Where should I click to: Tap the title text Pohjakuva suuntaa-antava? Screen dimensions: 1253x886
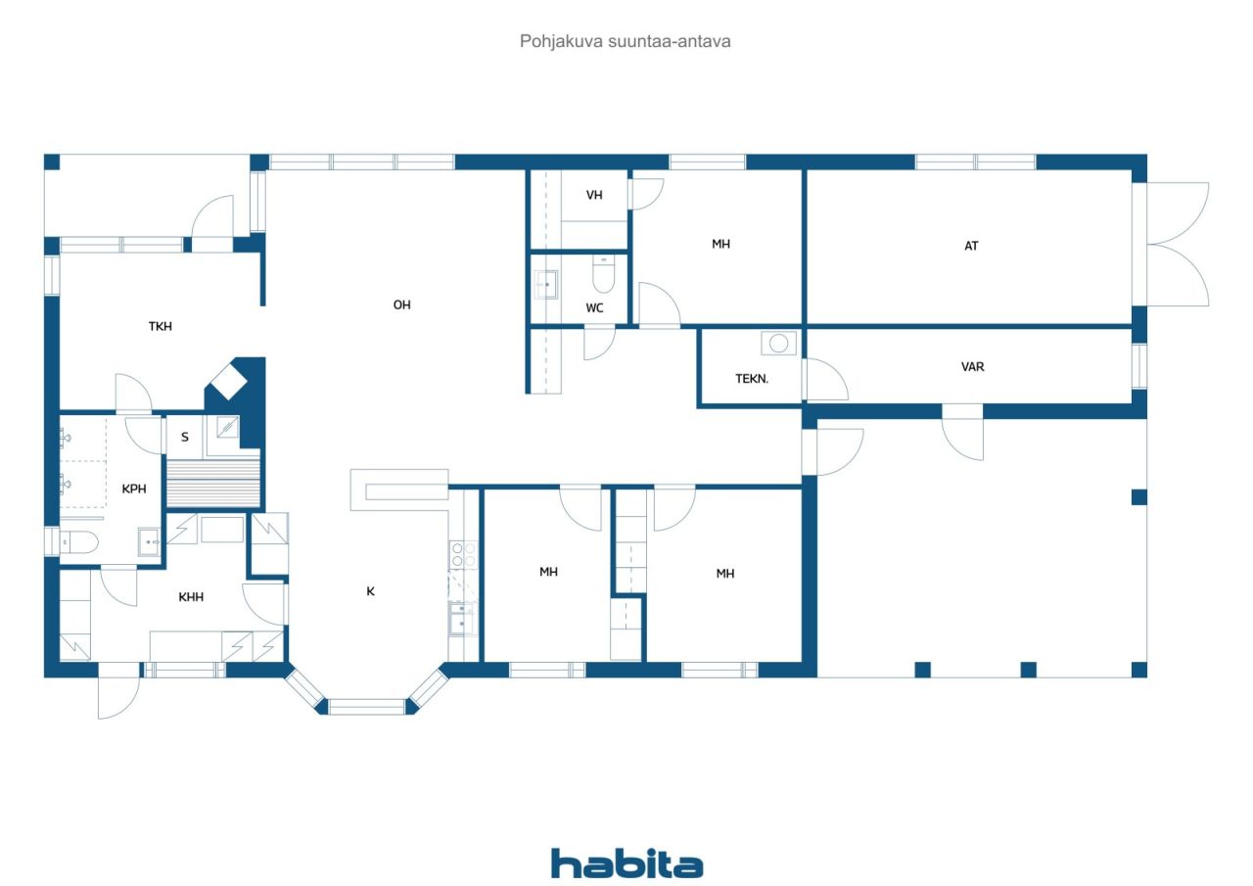[x=625, y=41]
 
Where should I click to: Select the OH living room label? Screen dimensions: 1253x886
[x=401, y=304]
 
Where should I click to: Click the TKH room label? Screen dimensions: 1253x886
[x=160, y=326]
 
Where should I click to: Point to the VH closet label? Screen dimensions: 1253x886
[x=594, y=195]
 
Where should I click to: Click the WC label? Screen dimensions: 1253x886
[x=594, y=307]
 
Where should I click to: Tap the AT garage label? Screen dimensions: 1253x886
[x=971, y=246]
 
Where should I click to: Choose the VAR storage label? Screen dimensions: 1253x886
[x=973, y=367]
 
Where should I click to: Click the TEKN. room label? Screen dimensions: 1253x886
[x=752, y=379]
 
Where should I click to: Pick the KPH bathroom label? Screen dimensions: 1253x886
[x=134, y=489]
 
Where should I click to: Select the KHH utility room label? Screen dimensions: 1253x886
[x=191, y=597]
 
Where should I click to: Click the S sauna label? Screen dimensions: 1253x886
[x=185, y=438]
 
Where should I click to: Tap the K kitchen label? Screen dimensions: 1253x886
[x=370, y=591]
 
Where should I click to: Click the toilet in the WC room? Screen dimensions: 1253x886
[x=603, y=274]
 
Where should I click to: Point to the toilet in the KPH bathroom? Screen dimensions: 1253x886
[x=79, y=541]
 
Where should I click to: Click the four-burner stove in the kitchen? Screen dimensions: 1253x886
[x=463, y=554]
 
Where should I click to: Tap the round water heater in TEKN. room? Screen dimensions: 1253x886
[x=778, y=343]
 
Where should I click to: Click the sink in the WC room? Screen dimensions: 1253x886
[x=546, y=285]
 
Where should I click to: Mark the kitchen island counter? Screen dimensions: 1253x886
[x=398, y=490]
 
